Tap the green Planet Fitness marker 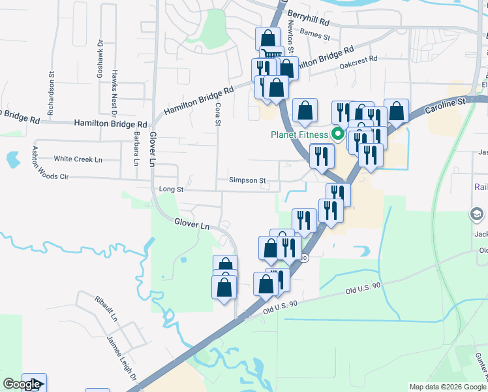point(338,136)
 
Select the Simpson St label point(247,180)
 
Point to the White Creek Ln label point(78,159)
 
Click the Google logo point(22,384)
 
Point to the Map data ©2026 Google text point(448,387)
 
